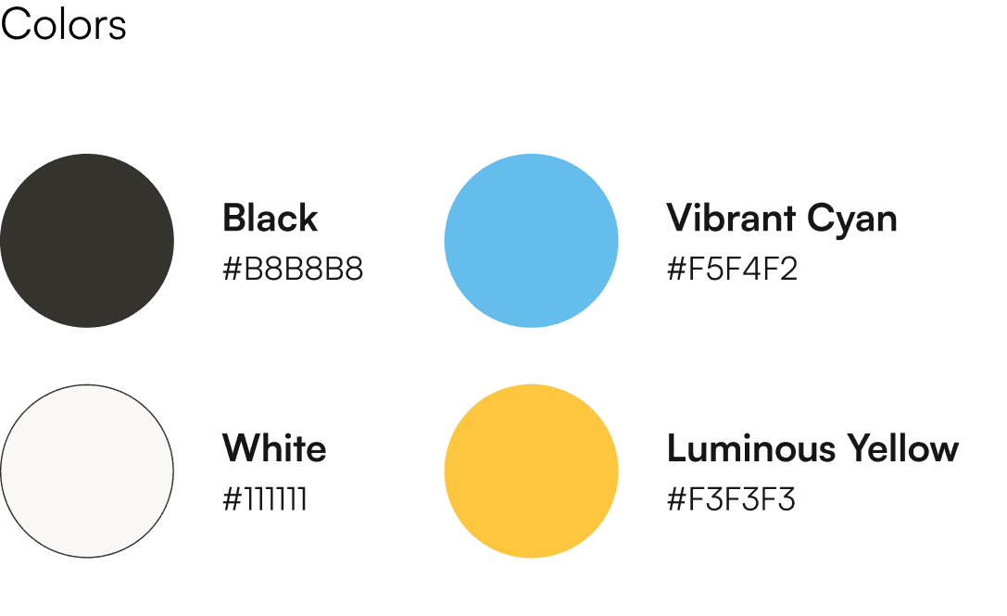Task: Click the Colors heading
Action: [63, 25]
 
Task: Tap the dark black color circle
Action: [87, 241]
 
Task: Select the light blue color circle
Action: [531, 241]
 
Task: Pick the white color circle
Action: [87, 471]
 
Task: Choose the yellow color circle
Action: [531, 471]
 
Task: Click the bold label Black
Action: [270, 219]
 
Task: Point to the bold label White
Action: [274, 448]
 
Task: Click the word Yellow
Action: [901, 448]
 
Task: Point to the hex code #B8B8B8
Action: [293, 270]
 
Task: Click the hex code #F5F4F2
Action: [732, 270]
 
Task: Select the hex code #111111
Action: [265, 500]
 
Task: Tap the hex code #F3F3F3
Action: [731, 500]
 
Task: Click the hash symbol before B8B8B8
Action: [232, 270]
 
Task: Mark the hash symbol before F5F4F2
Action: [676, 270]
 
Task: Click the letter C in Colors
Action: [16, 25]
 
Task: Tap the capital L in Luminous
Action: [677, 448]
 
